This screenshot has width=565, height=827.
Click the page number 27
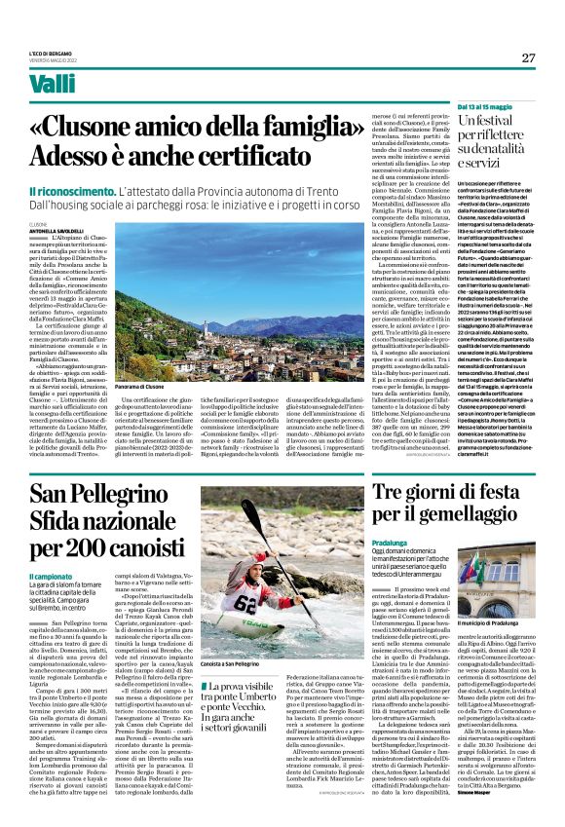[x=527, y=57]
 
